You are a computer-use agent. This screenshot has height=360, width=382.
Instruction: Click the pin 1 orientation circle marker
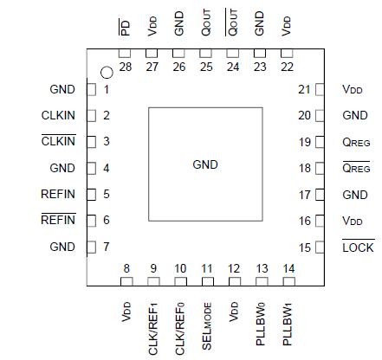click(107, 74)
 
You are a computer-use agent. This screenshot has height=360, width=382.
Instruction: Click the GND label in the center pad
click(204, 164)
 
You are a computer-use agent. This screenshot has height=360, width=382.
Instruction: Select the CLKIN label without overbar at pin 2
click(59, 115)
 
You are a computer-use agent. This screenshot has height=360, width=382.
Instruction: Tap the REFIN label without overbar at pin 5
click(58, 194)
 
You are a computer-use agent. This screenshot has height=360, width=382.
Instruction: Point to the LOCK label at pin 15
click(357, 247)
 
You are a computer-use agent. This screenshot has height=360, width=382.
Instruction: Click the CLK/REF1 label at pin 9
click(153, 321)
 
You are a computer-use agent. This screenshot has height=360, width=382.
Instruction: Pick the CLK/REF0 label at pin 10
click(180, 321)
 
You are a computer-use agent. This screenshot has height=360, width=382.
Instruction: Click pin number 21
click(304, 89)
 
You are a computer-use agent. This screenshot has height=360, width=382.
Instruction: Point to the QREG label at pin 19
click(357, 142)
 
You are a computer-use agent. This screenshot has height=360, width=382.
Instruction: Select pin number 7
click(107, 247)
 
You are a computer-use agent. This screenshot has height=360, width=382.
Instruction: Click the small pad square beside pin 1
click(90, 89)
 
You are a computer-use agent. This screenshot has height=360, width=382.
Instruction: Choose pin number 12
click(233, 268)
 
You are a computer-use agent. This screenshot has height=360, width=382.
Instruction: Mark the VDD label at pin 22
click(287, 26)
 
